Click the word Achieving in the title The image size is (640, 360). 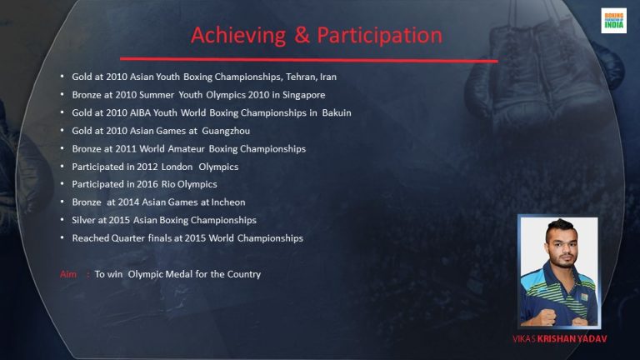(238, 36)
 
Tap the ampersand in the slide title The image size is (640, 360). (302, 35)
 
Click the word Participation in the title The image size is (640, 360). (380, 36)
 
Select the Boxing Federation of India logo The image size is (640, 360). (613, 20)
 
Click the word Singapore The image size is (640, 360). (303, 95)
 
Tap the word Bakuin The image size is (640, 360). (337, 112)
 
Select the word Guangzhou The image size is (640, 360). (226, 131)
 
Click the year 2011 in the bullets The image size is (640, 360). (126, 148)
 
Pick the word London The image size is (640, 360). (177, 167)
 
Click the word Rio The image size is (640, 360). (168, 184)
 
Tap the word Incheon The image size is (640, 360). (228, 202)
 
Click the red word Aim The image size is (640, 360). (68, 274)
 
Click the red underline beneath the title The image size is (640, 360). (309, 60)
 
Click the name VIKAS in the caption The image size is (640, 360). (524, 339)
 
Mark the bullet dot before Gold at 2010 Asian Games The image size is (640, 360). (62, 130)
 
